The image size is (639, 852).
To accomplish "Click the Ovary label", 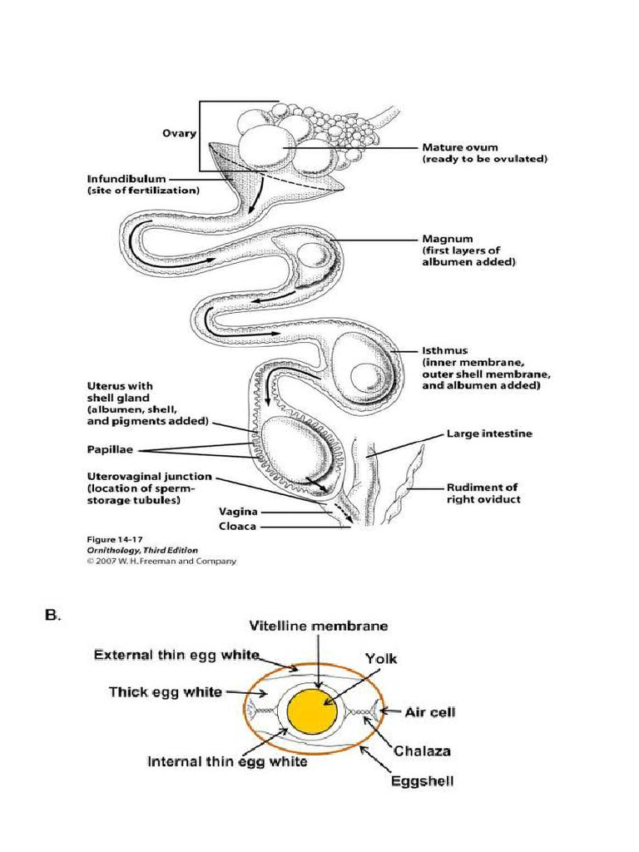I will click(x=179, y=133).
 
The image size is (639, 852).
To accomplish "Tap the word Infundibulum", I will click(x=126, y=178).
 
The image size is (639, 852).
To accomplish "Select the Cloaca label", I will click(x=237, y=526).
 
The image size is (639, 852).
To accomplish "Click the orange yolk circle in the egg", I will click(x=312, y=713).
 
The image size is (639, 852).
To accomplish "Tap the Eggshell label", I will click(x=422, y=781).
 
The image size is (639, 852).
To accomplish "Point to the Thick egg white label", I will click(x=166, y=691).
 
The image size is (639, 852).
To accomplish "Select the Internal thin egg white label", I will click(x=227, y=760).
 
